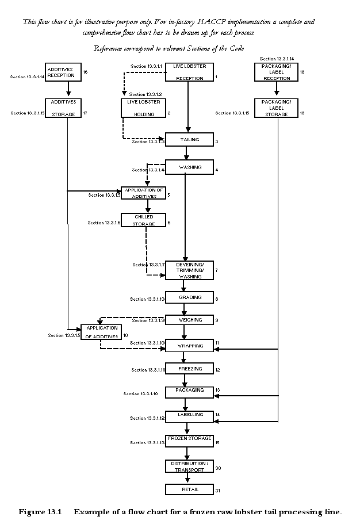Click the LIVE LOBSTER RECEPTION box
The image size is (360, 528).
tap(189, 72)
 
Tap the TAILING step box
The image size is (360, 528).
tap(189, 140)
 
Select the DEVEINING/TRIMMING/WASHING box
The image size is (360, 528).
tap(189, 270)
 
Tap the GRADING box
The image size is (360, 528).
tap(189, 299)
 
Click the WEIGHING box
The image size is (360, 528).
tap(189, 320)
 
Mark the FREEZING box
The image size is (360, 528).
tap(189, 369)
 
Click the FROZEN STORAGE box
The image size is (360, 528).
tap(189, 441)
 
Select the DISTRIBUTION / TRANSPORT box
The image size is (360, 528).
tap(189, 466)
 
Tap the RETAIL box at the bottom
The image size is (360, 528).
tap(189, 489)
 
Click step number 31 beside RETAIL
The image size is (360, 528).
tap(218, 491)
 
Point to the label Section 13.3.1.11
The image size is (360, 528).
tap(148, 370)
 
